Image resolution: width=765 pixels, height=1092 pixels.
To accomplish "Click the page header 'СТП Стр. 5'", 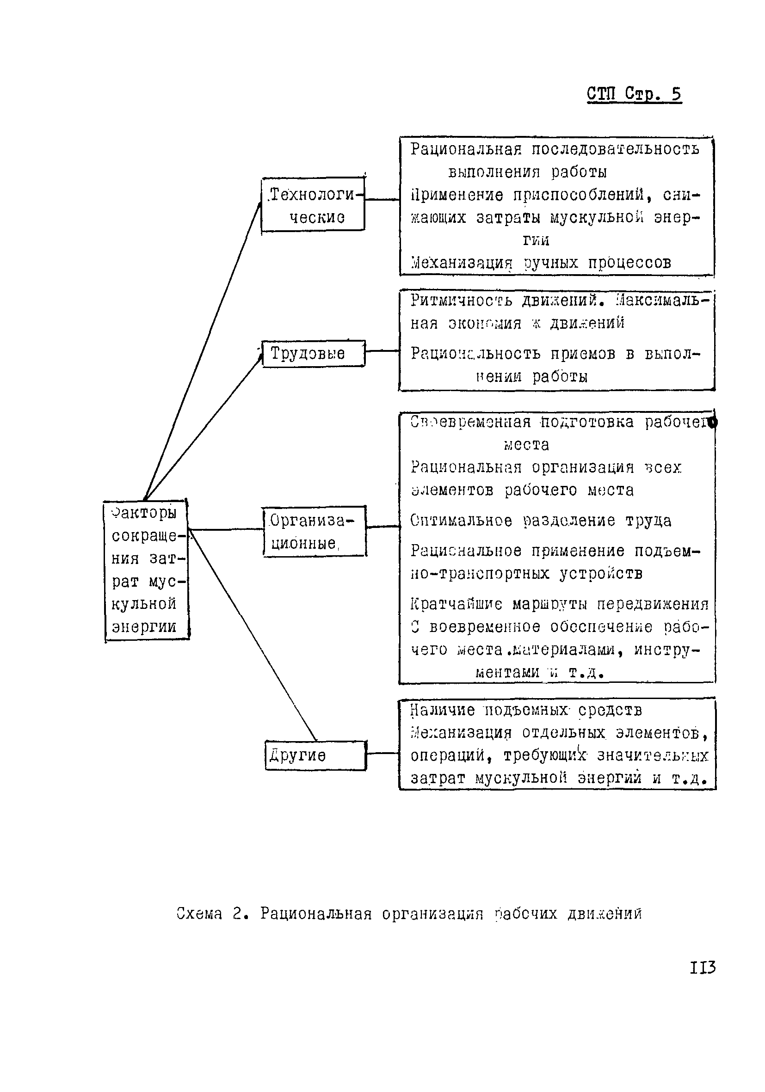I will [634, 94].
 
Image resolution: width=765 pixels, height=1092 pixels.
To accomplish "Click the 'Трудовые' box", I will [314, 353].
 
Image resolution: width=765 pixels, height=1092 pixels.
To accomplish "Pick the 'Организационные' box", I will [315, 531].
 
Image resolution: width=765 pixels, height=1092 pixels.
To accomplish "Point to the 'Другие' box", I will [315, 755].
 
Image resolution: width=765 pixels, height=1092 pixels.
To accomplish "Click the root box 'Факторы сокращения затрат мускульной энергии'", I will [146, 570].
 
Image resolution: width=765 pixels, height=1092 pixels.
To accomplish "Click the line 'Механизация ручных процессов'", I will [541, 263].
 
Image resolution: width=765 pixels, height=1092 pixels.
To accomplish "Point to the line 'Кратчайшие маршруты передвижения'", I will [560, 604].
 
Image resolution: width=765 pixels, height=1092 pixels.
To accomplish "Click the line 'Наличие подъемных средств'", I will [526, 710].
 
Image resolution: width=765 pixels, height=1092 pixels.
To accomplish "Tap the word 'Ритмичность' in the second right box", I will [461, 301].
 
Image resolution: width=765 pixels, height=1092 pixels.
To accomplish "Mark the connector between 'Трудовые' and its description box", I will [382, 351].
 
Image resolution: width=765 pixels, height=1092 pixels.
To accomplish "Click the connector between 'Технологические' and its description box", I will [382, 200].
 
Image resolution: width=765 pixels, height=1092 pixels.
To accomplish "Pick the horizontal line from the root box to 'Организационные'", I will [226, 529].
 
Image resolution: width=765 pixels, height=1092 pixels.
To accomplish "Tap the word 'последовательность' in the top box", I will [615, 149].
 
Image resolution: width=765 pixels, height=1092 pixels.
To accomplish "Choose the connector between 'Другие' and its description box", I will [382, 754].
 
